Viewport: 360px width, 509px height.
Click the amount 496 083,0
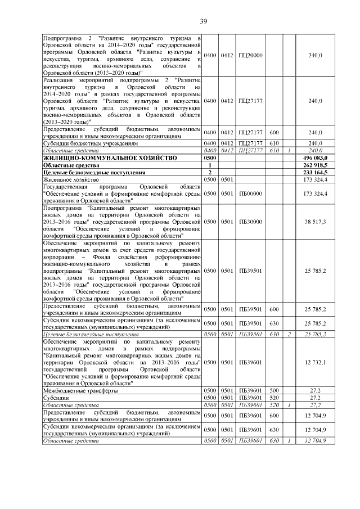316,159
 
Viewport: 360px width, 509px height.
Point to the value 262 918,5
316,165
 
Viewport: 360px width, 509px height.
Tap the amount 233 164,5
316,172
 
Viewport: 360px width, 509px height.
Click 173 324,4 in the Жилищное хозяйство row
316,179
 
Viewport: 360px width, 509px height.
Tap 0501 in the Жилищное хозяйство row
227,179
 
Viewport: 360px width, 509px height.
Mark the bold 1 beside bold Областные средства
210,165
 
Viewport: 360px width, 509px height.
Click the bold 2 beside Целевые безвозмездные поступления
210,172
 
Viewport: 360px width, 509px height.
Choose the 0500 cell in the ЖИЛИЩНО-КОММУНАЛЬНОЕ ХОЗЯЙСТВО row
210,159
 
